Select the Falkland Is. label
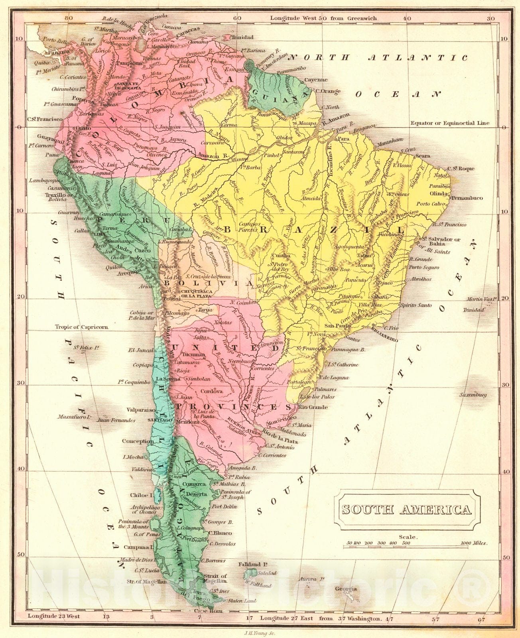(x=252, y=565)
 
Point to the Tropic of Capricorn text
(x=81, y=327)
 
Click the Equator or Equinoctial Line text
(x=450, y=123)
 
